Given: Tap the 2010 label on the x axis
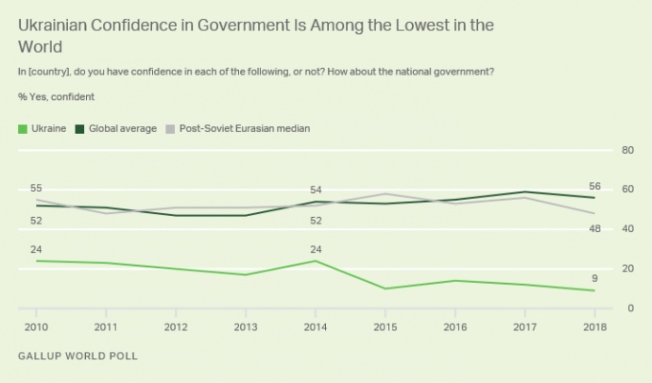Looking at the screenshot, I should pos(36,325).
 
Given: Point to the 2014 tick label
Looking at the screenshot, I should pos(316,325).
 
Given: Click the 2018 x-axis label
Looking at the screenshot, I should pos(595,325).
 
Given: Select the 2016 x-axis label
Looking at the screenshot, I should pos(455,325).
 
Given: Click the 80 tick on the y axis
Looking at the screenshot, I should pos(626,151).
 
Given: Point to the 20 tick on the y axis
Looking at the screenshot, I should pos(626,269).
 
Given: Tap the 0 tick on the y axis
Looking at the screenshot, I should pos(628,308).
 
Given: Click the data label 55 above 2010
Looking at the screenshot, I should pos(37,189).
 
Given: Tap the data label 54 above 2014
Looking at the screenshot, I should pos(316,191).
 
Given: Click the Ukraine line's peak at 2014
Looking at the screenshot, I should pos(316,260).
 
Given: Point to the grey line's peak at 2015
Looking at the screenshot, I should pos(386,194).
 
